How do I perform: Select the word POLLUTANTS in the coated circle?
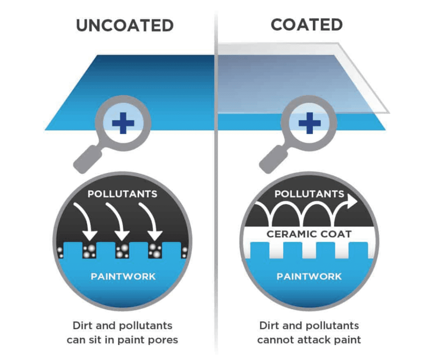pyautogui.click(x=309, y=193)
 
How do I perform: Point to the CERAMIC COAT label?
pyautogui.click(x=309, y=234)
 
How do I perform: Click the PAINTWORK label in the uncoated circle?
pyautogui.click(x=123, y=276)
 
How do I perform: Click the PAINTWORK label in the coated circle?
pyautogui.click(x=309, y=276)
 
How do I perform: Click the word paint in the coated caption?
pyautogui.click(x=347, y=340)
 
